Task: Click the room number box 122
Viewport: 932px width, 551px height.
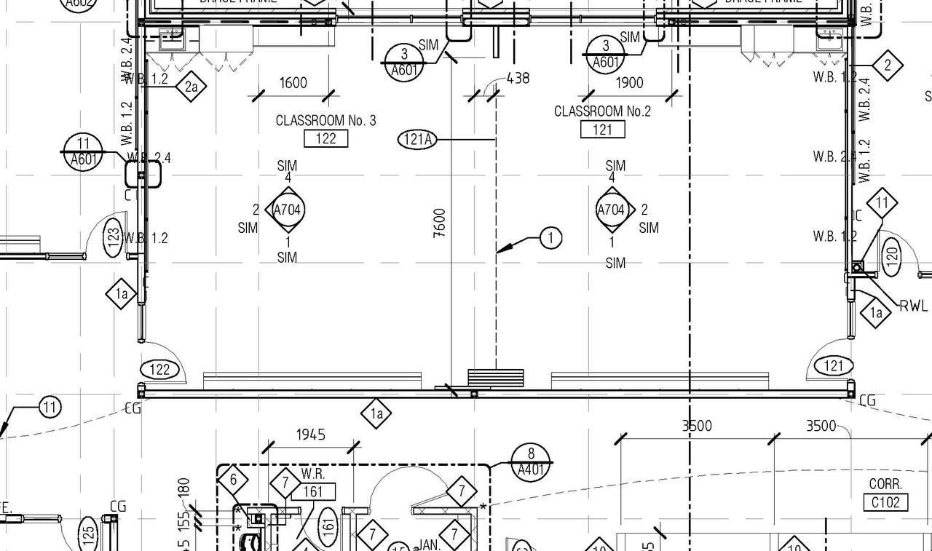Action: [x=325, y=138]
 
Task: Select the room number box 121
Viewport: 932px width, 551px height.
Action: [x=602, y=130]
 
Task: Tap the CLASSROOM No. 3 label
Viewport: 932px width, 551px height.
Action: [x=325, y=120]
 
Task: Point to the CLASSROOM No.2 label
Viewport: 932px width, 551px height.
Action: [x=602, y=111]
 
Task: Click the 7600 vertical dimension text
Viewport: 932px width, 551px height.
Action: [x=439, y=223]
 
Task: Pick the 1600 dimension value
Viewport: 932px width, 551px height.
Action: [x=293, y=83]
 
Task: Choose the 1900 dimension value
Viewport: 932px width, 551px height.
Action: [x=629, y=83]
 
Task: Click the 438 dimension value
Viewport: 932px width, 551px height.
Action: [x=518, y=78]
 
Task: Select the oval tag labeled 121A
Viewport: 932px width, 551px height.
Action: [x=417, y=139]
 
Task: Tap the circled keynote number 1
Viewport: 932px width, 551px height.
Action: [x=550, y=238]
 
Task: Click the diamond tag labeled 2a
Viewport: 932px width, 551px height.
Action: [x=191, y=87]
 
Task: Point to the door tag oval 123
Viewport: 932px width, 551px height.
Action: [x=113, y=237]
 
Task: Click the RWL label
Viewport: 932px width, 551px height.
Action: [x=914, y=306]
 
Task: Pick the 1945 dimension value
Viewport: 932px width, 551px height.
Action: [x=310, y=435]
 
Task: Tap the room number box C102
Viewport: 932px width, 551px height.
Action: [x=885, y=502]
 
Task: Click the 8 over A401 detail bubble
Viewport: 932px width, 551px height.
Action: [x=531, y=461]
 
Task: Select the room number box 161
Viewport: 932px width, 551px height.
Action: [x=312, y=492]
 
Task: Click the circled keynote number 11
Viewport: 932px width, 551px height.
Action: [x=50, y=407]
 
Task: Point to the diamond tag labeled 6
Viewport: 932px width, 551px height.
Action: [x=233, y=480]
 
